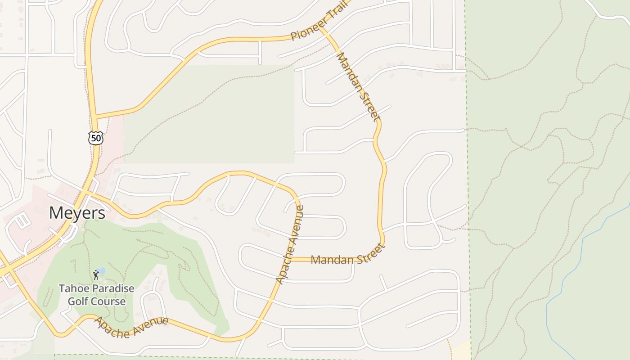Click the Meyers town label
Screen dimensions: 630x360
(77, 213)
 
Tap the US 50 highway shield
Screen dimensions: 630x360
(96, 138)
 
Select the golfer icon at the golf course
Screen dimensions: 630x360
(95, 274)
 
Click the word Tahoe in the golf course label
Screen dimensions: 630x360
(74, 288)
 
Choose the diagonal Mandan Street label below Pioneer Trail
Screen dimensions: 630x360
(356, 86)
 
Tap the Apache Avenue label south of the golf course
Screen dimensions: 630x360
(131, 327)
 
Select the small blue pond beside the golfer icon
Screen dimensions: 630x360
(101, 271)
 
